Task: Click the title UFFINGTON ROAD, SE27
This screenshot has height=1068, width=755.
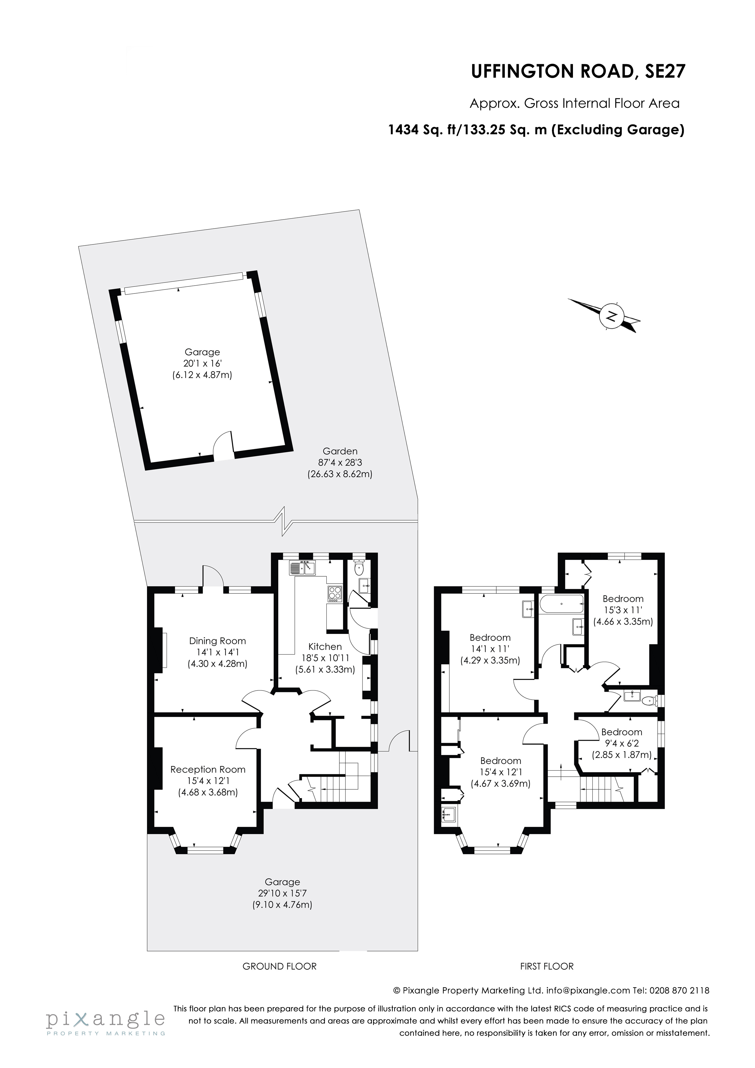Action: click(578, 72)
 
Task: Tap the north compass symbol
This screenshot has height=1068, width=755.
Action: click(612, 316)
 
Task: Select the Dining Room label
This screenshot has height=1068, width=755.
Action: click(217, 641)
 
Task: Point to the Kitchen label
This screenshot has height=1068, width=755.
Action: click(325, 647)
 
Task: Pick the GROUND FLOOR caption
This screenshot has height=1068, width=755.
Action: click(279, 967)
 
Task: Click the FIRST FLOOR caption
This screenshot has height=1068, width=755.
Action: click(546, 967)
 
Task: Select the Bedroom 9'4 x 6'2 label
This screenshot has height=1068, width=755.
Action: click(621, 732)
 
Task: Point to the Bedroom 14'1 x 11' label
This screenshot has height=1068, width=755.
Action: click(490, 638)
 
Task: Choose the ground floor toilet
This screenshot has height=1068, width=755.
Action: click(359, 568)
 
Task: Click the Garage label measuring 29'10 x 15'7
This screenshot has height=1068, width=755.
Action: click(283, 882)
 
